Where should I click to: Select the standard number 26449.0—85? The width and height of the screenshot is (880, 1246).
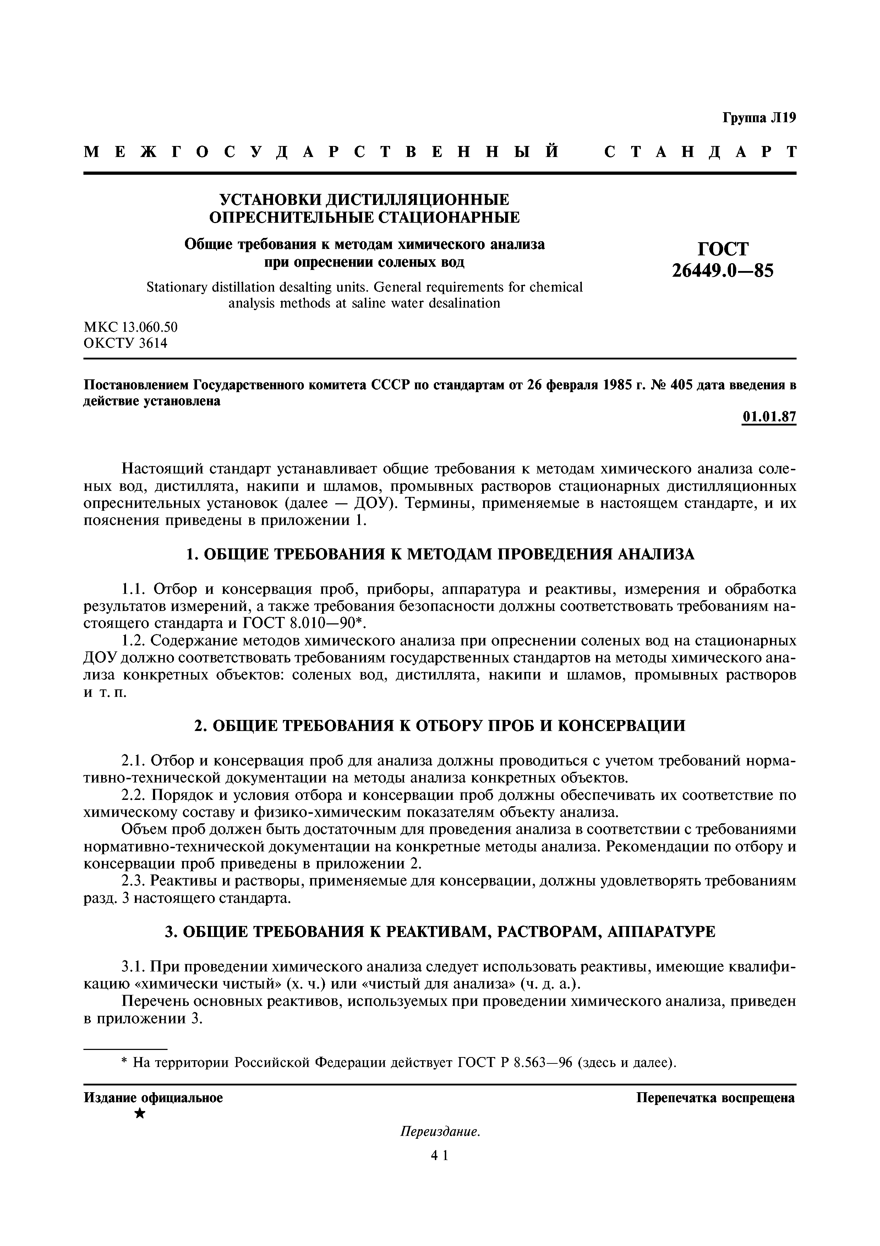tap(723, 270)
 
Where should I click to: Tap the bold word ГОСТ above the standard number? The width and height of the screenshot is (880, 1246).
tap(723, 249)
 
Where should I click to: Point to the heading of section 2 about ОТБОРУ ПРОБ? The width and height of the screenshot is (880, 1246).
tap(440, 726)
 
